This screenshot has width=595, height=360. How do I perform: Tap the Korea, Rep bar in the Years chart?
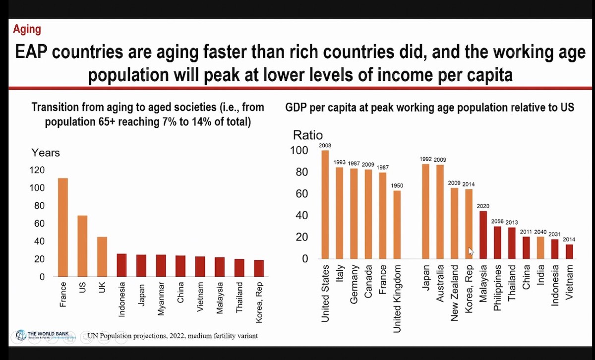[258, 268]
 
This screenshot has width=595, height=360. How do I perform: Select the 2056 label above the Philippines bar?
[497, 222]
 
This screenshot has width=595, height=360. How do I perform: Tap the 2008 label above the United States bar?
[325, 145]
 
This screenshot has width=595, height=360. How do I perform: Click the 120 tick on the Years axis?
[38, 170]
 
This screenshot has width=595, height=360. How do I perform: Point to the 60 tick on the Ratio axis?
[301, 193]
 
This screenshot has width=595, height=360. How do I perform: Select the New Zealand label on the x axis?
[455, 293]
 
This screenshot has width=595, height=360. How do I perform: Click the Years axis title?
[46, 153]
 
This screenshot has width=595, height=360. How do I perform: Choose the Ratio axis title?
[307, 135]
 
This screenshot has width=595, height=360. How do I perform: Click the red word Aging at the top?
[27, 29]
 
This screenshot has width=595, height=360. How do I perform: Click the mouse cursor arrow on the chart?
[471, 251]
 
